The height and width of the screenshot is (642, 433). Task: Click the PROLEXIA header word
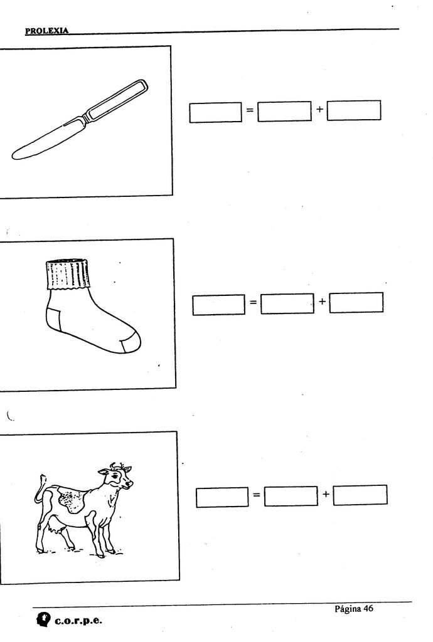tap(46, 31)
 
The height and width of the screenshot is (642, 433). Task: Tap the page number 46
tap(368, 608)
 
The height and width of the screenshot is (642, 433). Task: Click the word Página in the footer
tap(348, 609)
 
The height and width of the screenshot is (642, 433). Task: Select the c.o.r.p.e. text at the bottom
tap(78, 621)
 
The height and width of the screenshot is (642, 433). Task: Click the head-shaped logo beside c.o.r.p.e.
tap(43, 619)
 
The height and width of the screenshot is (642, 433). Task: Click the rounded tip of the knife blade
tap(14, 155)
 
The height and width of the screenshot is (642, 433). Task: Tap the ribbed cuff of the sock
tap(67, 275)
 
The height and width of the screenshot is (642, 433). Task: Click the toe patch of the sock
tap(131, 344)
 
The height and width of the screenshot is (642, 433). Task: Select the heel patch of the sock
tap(53, 320)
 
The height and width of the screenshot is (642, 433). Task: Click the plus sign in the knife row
tap(319, 109)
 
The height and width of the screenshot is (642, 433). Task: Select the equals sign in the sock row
tap(253, 303)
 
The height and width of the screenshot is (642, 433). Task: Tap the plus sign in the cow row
tap(326, 494)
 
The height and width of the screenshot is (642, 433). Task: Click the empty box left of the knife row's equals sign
tap(215, 112)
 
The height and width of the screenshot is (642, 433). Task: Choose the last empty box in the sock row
tap(356, 303)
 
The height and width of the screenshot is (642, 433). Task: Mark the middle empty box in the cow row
tap(291, 496)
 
